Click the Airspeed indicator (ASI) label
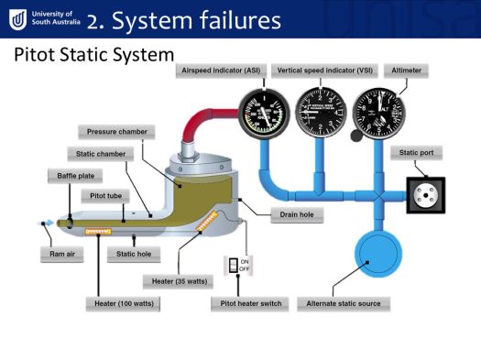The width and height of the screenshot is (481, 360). (220, 71)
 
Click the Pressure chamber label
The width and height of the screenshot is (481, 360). (116, 132)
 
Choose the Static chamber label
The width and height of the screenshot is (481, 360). (96, 153)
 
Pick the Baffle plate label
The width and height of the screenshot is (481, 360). (73, 174)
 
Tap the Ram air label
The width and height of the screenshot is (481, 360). (57, 253)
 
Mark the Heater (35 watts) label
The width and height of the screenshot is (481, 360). (180, 280)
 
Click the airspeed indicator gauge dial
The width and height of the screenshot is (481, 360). (263, 117)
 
